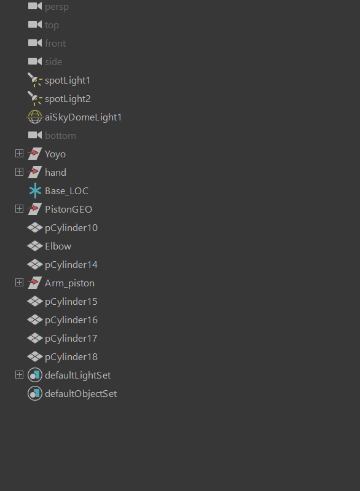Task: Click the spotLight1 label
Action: click(68, 81)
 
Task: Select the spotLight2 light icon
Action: click(35, 98)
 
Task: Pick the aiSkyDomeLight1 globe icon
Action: click(35, 117)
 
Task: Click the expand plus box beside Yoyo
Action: click(20, 154)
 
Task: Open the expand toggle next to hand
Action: click(20, 172)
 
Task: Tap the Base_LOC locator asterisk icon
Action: click(35, 191)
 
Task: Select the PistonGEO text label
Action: click(69, 209)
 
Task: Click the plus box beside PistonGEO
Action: click(20, 209)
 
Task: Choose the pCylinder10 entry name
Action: click(71, 227)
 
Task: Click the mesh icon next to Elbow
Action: click(35, 246)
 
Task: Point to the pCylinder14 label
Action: click(71, 265)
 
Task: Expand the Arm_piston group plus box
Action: click(20, 283)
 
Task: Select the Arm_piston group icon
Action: click(35, 283)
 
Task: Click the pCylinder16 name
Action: click(71, 320)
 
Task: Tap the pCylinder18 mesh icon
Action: click(35, 356)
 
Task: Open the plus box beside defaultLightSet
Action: click(20, 375)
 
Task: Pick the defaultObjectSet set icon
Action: click(35, 394)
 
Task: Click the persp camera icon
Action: click(35, 6)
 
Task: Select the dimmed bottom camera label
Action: click(60, 136)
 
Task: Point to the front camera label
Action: click(55, 43)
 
